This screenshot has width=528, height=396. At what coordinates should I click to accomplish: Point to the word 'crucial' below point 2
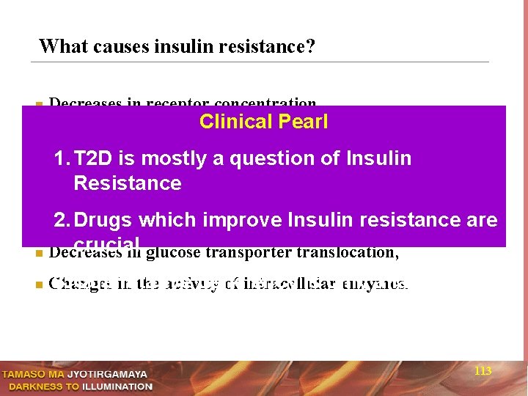(106, 243)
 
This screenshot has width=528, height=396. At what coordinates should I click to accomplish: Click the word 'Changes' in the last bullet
(79, 284)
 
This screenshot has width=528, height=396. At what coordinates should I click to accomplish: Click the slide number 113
(483, 372)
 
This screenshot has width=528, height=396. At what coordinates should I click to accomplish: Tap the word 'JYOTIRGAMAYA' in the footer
(107, 374)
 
